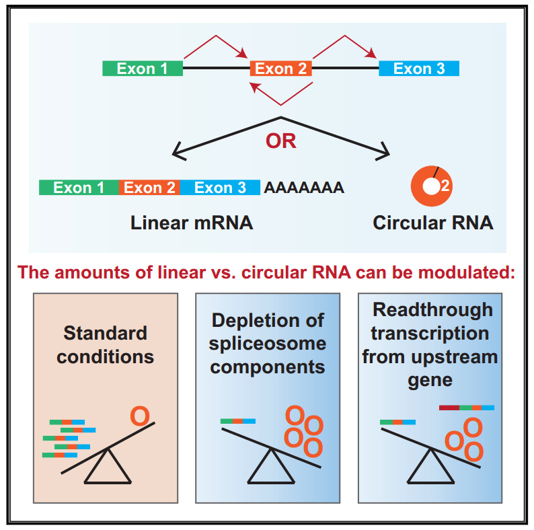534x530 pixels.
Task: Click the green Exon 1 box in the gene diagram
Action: pos(143,69)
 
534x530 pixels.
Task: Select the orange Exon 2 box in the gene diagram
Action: pos(281,69)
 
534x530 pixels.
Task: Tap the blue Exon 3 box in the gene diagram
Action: pos(419,69)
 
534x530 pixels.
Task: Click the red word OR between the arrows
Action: pos(281,141)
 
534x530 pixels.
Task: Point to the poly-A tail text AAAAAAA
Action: pos(304,188)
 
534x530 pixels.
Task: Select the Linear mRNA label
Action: pos(192,223)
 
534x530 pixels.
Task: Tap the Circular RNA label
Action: pos(433,223)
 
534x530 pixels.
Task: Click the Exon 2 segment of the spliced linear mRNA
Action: pos(149,188)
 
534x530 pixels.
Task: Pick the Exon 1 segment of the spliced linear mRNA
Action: pos(79,188)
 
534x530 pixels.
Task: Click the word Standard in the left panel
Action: pos(105,333)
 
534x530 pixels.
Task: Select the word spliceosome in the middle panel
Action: pos(268,344)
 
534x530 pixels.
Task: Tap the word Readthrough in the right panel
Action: pos(432,311)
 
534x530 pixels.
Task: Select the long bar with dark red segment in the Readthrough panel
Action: pos(467,408)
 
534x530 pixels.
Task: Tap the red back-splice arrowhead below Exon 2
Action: pos(254,87)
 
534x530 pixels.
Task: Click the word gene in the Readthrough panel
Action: pos(430,381)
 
